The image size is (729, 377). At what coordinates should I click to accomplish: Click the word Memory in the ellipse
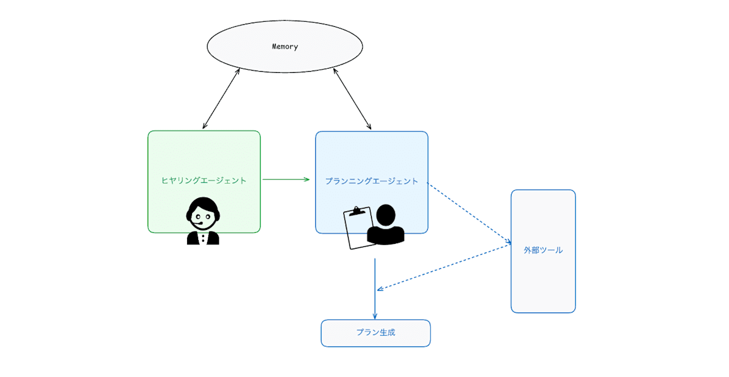[x=285, y=47]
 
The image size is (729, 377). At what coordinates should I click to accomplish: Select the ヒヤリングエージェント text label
[x=204, y=181]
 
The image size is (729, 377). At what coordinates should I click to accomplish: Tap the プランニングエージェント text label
[x=372, y=181]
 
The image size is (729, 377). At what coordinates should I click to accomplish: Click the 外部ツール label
[x=543, y=251]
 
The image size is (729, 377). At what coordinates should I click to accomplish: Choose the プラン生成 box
[x=375, y=333]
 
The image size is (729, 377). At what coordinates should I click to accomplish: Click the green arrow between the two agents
[x=286, y=179]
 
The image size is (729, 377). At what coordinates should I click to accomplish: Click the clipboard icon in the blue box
[x=358, y=228]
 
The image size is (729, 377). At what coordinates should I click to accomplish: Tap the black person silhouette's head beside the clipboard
[x=386, y=215]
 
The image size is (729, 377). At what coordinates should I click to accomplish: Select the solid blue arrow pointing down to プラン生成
[x=375, y=289]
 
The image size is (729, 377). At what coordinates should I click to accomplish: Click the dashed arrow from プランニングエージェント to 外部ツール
[x=469, y=213]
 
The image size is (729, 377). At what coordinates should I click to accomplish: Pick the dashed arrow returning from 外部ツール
[x=444, y=267]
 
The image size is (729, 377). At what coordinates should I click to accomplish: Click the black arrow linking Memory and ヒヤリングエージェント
[x=221, y=99]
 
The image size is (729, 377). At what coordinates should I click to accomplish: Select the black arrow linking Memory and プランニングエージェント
[x=352, y=99]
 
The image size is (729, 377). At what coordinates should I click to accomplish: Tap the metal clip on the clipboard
[x=357, y=212]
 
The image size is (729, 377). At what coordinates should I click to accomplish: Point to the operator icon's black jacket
[x=203, y=238]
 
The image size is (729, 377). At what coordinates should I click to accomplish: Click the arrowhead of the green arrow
[x=307, y=179]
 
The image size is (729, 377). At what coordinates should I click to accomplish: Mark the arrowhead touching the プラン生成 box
[x=375, y=316]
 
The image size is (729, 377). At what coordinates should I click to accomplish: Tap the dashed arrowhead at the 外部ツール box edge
[x=508, y=242]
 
